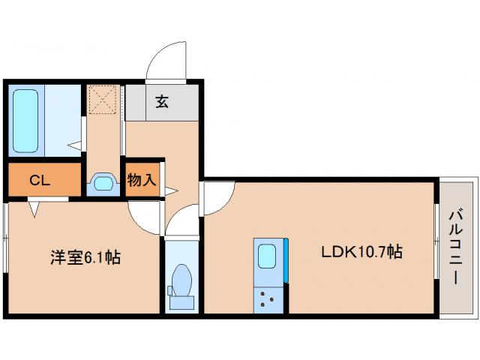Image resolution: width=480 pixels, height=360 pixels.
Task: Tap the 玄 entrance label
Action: (x=162, y=102)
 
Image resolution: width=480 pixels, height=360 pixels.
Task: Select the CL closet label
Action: (x=40, y=181)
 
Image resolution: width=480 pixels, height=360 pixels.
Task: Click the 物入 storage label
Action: (x=142, y=180)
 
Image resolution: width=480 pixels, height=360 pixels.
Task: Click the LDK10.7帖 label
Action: (x=362, y=252)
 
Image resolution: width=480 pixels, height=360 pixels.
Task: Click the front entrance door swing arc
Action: (x=166, y=60)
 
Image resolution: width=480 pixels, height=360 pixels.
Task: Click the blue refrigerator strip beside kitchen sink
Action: (x=286, y=259)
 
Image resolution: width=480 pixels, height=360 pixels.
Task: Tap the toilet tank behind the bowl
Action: (x=180, y=303)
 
